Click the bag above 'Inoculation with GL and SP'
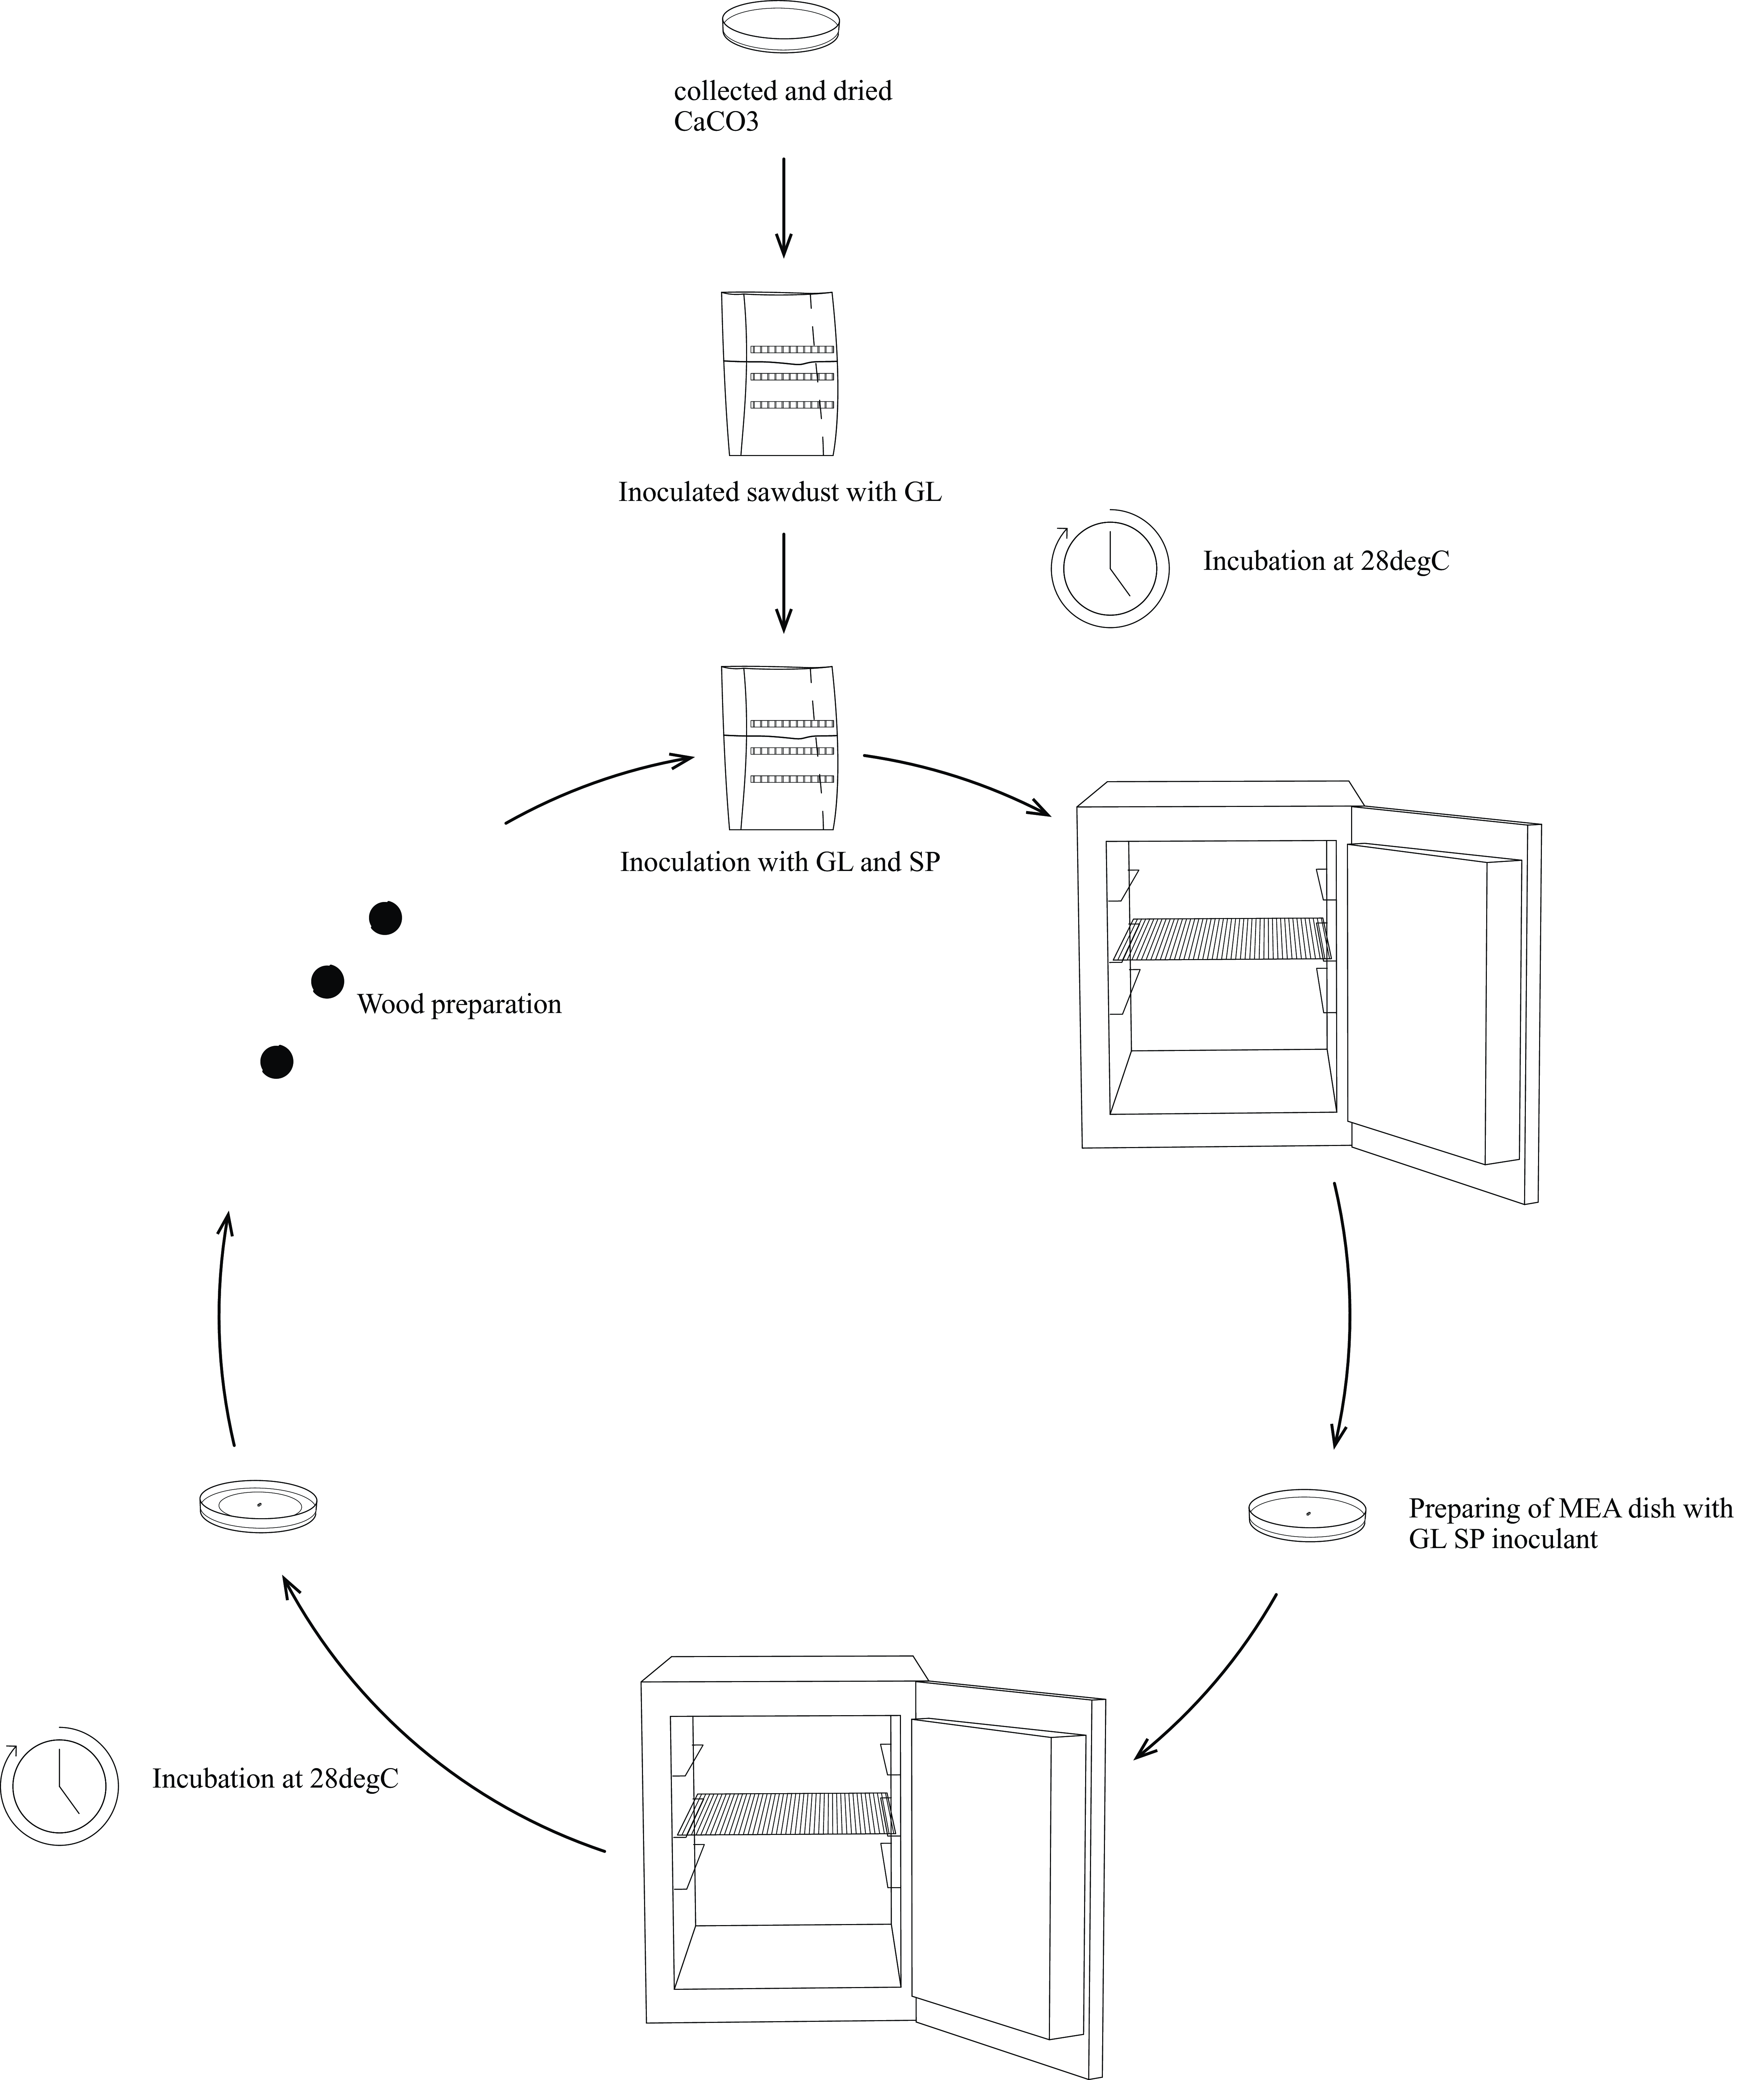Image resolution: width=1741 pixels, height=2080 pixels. (x=781, y=748)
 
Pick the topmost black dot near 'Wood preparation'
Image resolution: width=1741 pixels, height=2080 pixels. (x=385, y=918)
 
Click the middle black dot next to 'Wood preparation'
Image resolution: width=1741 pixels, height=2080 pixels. (x=328, y=981)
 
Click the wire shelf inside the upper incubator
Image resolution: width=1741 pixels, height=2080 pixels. (x=1224, y=939)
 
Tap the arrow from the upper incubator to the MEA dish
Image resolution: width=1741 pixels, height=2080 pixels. (x=1347, y=1317)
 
